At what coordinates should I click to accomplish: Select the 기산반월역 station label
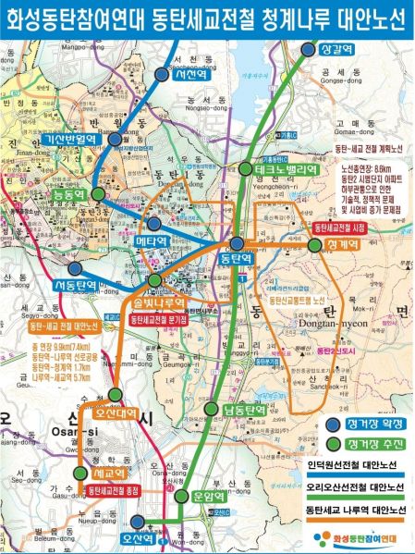point(69,139)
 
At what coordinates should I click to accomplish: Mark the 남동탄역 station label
point(244,409)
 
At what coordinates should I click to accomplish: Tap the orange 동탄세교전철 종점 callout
point(117,489)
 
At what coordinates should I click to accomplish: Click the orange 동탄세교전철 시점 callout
point(342,227)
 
